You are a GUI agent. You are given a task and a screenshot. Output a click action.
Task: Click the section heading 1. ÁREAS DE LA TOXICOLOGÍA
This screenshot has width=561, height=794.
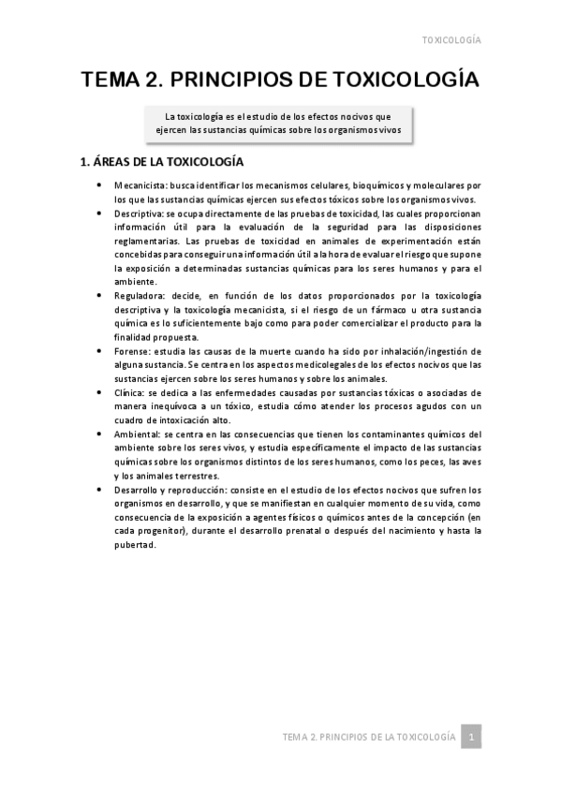coord(164,163)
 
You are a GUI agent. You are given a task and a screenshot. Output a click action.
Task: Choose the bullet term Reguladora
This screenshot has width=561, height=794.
coord(135,294)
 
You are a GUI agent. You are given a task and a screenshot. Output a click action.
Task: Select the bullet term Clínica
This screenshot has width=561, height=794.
coord(128,391)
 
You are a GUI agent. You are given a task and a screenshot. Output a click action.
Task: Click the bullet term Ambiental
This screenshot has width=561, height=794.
coord(135,434)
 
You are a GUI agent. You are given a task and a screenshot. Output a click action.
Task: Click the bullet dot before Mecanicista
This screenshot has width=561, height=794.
coord(99,185)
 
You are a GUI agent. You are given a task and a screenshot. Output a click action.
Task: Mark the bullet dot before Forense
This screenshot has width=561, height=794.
coord(99,349)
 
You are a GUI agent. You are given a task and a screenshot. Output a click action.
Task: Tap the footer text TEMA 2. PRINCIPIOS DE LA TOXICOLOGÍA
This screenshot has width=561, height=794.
coord(369,738)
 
